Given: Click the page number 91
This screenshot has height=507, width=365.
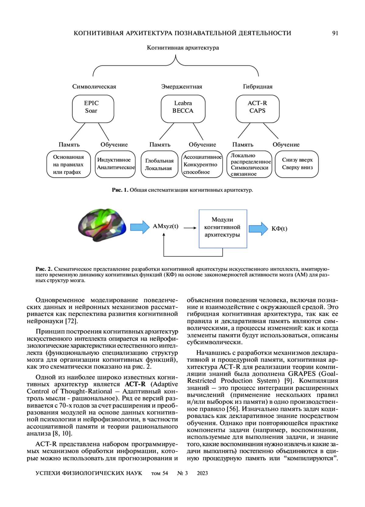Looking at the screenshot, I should click(x=335, y=33).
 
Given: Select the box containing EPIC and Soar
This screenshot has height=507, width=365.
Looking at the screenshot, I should click(x=93, y=109).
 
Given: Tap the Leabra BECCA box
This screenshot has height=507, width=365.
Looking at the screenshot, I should click(x=183, y=109).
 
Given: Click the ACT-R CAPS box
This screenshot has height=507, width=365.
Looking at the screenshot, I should click(x=257, y=109).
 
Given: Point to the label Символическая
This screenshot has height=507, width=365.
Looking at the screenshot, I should click(x=94, y=87).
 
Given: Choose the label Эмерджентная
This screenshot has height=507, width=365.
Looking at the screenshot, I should click(x=182, y=87).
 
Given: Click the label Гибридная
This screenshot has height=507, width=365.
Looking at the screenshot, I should click(x=258, y=87).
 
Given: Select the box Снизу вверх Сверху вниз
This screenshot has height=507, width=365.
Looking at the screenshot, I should click(x=297, y=164).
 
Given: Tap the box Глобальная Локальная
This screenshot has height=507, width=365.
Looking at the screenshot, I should click(x=159, y=164).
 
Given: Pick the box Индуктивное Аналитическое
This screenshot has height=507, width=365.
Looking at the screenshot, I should click(x=115, y=164).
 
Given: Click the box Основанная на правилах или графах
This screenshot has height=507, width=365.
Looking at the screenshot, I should click(x=68, y=164).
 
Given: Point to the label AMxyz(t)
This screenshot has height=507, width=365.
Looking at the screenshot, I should click(x=165, y=226).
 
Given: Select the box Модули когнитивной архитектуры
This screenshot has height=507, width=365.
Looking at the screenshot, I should click(x=223, y=228).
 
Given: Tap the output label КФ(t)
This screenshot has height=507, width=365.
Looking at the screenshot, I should click(x=279, y=229).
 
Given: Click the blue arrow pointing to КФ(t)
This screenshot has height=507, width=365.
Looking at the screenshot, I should click(x=258, y=228).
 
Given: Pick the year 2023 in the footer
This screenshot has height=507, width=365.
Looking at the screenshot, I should click(x=202, y=473).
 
